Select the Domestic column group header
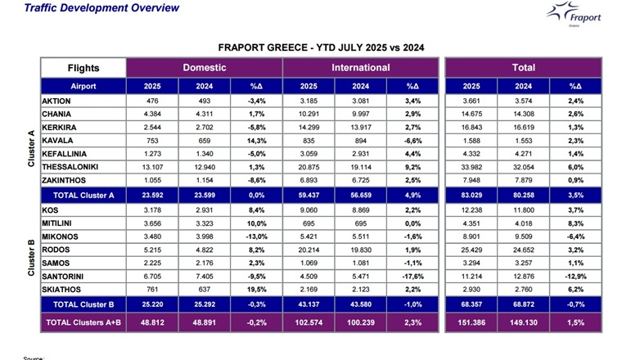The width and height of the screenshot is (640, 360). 204,67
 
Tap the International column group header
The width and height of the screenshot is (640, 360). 360,67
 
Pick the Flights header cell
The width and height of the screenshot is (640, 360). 83,67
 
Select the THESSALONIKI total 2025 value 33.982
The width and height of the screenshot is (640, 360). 469,168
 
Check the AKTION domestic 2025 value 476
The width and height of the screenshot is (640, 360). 152,101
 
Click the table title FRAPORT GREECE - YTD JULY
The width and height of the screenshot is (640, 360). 321,47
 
